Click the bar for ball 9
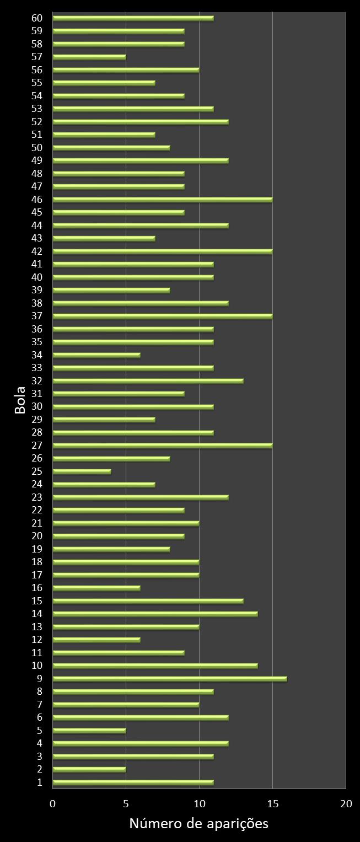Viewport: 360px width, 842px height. (x=170, y=679)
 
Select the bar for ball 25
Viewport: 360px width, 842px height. (x=82, y=471)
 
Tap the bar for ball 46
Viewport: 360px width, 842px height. (x=163, y=200)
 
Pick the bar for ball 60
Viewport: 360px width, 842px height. (x=133, y=18)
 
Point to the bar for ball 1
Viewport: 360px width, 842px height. (x=133, y=782)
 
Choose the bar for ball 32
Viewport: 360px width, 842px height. (x=148, y=381)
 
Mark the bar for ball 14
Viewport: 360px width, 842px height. (x=155, y=614)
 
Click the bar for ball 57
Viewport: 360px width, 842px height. (x=89, y=57)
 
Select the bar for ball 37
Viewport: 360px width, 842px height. (x=163, y=316)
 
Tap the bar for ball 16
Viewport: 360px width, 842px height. (x=96, y=588)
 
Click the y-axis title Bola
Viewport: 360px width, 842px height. (x=20, y=400)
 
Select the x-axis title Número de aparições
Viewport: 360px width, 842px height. (x=198, y=824)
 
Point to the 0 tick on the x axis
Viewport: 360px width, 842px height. (x=53, y=804)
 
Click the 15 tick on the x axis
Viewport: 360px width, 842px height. (x=272, y=804)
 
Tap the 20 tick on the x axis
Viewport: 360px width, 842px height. (x=346, y=804)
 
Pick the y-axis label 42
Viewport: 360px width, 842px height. (x=37, y=251)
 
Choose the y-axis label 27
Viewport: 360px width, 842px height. (x=37, y=446)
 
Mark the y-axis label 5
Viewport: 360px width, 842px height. (x=40, y=731)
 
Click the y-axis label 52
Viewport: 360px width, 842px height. (x=37, y=122)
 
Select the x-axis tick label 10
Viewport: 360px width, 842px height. (x=199, y=804)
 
